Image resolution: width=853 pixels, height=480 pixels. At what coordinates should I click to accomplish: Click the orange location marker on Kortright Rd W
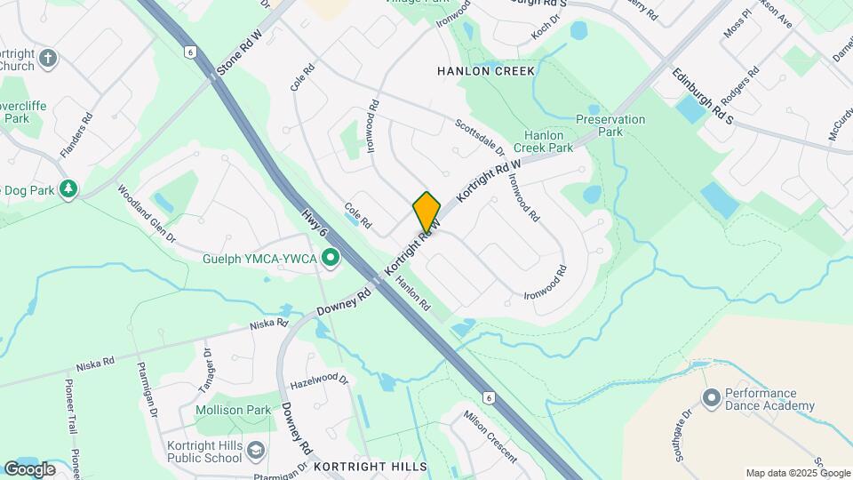pyautogui.click(x=426, y=211)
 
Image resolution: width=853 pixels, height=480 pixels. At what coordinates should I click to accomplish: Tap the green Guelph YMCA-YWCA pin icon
pyautogui.click(x=331, y=259)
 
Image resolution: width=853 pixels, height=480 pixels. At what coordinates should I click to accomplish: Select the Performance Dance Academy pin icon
pyautogui.click(x=711, y=398)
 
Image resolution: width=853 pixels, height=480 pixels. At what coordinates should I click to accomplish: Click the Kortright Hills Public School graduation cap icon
pyautogui.click(x=256, y=451)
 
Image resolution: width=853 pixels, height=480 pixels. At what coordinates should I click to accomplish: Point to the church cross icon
pyautogui.click(x=48, y=60)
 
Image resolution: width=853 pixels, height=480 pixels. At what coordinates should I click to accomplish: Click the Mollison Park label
pyautogui.click(x=234, y=411)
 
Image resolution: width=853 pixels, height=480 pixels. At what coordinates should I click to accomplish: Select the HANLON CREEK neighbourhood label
pyautogui.click(x=486, y=70)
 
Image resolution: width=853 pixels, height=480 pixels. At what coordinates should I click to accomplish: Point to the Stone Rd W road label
pyautogui.click(x=240, y=51)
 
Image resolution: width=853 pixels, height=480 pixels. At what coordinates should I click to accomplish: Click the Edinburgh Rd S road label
pyautogui.click(x=702, y=96)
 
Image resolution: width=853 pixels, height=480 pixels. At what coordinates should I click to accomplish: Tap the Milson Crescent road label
pyautogui.click(x=490, y=436)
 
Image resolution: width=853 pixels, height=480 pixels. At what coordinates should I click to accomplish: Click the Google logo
pyautogui.click(x=28, y=468)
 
